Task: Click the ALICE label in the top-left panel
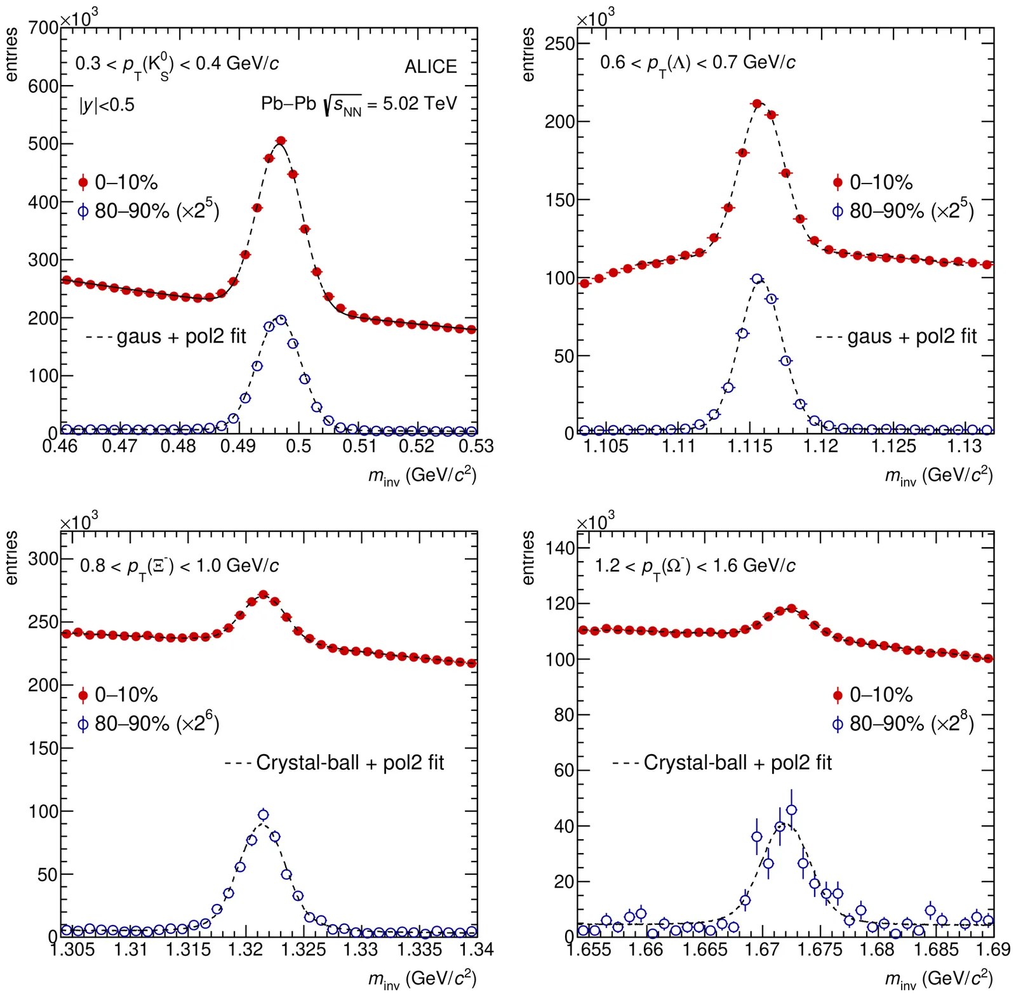click(431, 67)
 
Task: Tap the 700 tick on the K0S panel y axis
click(43, 29)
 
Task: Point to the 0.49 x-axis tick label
click(237, 447)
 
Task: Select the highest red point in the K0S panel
click(281, 140)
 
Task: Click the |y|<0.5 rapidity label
click(107, 105)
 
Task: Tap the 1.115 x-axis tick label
click(750, 447)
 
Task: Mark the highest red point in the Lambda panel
click(757, 103)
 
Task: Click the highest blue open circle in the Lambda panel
click(757, 279)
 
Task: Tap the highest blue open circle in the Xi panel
click(264, 814)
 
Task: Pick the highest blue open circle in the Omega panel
click(791, 809)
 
